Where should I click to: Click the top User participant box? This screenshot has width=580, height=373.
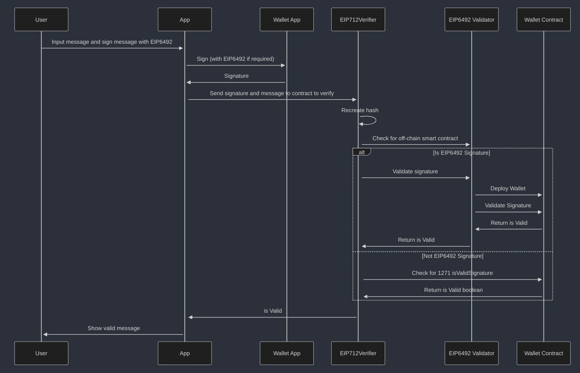pos(41,20)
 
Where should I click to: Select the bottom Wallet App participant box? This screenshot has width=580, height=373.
pos(287,353)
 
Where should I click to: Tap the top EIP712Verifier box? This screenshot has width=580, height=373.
pos(358,20)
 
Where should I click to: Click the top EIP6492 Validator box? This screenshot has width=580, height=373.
pos(471,20)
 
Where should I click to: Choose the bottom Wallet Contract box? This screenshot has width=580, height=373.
pos(543,353)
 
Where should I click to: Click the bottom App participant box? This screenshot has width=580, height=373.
pos(185,353)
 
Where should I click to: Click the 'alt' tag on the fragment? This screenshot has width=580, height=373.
pos(361,152)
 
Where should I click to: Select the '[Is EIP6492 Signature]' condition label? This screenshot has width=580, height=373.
pos(461,153)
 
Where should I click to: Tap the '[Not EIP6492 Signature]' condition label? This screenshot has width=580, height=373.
pos(452,256)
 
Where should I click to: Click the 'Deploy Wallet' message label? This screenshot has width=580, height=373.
pos(508,188)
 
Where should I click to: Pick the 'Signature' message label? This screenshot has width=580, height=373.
pos(237,76)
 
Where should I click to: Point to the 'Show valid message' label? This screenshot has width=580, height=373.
pos(113,328)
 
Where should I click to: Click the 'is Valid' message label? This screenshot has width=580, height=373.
pos(273,311)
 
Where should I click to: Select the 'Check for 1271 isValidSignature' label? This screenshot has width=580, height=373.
pos(452,273)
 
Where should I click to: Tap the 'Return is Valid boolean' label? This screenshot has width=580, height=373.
pos(453,290)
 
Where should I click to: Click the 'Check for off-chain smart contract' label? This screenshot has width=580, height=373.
pos(415,138)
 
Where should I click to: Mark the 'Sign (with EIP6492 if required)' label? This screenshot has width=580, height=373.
pos(235,59)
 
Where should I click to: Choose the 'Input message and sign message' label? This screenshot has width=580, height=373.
pos(112,42)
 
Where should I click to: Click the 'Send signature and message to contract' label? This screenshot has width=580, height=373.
pos(272,93)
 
